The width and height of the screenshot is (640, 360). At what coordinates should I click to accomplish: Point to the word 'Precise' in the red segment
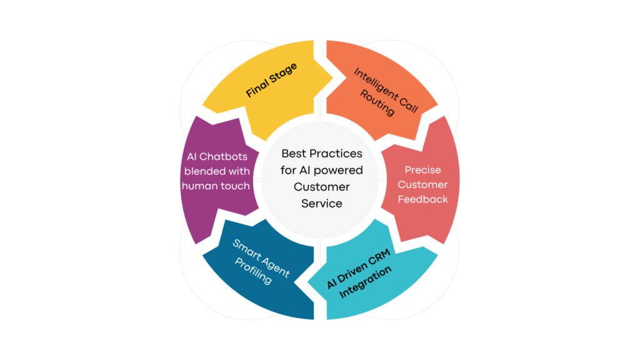422,170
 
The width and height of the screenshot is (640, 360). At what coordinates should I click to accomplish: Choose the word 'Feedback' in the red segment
422,199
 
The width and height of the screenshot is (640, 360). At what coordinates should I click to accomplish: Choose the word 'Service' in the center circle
322,203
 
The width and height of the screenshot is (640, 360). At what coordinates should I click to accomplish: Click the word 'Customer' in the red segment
422,184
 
